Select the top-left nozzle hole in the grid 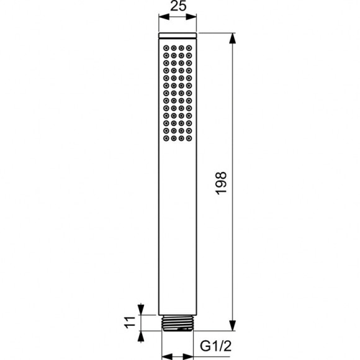167,47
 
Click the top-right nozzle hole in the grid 189,47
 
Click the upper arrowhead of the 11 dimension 144,308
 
